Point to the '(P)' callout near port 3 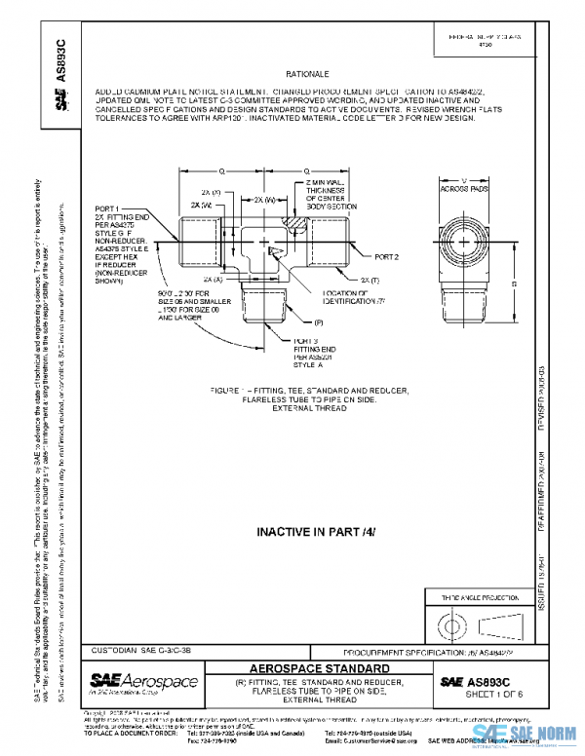point(319,321)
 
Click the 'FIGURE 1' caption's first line point(301,391)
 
